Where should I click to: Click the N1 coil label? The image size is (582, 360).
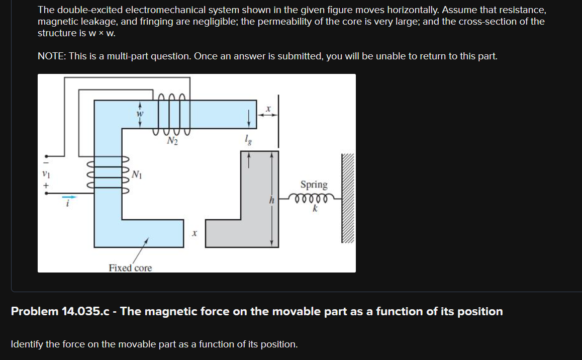(x=137, y=174)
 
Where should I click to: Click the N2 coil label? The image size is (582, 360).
(x=172, y=141)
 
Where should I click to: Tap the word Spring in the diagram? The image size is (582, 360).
(x=314, y=185)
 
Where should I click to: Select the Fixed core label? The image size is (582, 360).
(x=130, y=268)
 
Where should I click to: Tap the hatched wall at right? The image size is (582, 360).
(x=348, y=199)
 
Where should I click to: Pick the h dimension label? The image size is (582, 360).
(x=271, y=200)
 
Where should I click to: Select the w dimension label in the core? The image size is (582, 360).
(x=140, y=114)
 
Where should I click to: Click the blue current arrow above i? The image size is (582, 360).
(x=70, y=196)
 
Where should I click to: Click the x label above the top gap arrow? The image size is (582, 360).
(x=268, y=108)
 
